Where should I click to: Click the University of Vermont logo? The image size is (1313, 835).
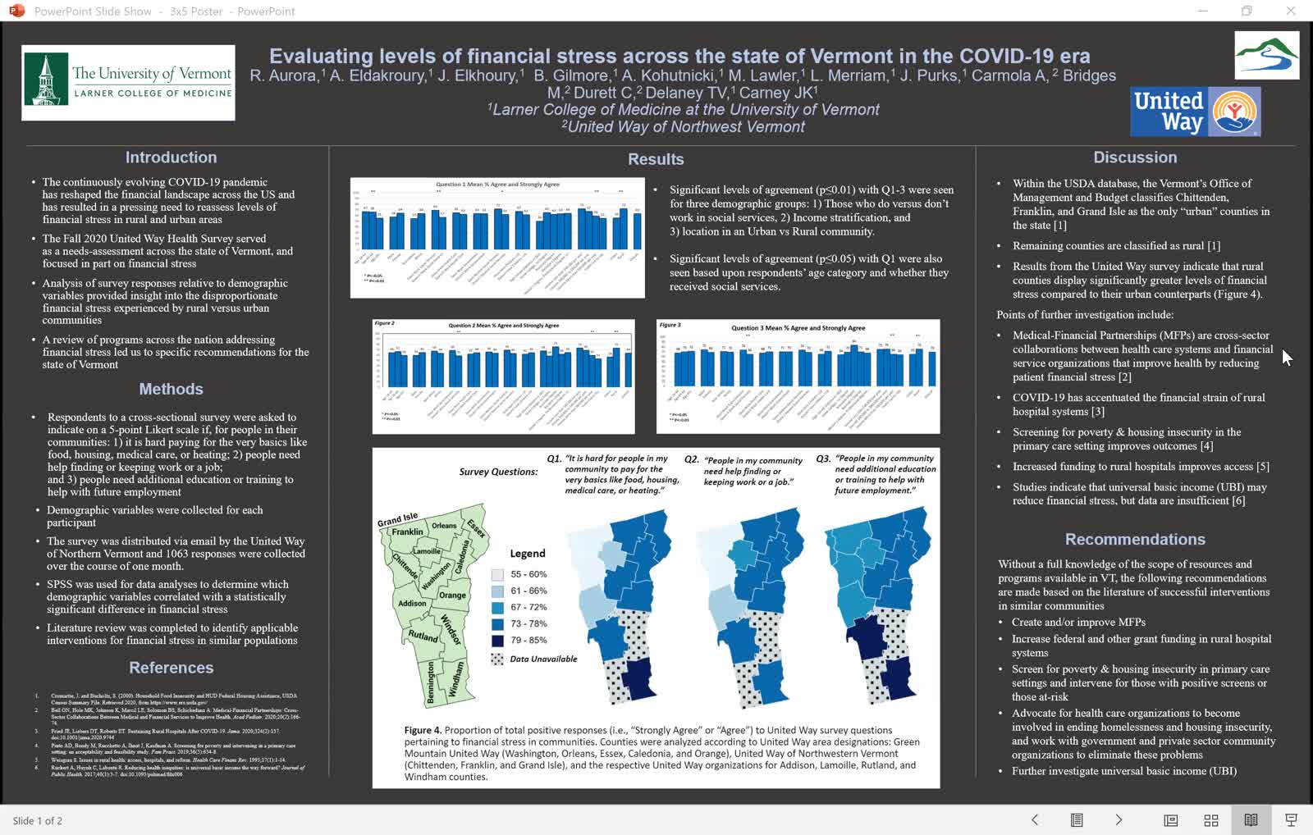128,82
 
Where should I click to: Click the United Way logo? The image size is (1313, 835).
1195,112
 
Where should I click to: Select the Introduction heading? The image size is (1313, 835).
171,157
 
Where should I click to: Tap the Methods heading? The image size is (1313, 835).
171,389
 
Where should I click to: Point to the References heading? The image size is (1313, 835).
171,668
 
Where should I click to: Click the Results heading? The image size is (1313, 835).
655,159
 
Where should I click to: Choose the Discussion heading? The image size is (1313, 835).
1134,157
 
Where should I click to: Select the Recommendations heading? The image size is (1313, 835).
1134,539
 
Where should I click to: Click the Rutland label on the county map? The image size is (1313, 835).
423,636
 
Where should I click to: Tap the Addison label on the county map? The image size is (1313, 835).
412,603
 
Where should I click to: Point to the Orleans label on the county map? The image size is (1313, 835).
444,526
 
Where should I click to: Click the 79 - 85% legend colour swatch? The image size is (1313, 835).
497,641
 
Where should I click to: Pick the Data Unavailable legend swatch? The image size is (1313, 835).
497,659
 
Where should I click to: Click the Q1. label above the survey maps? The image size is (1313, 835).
554,459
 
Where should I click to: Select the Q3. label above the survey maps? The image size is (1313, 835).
823,459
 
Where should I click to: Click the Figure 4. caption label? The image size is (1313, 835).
423,730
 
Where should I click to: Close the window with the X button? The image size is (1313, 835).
1290,11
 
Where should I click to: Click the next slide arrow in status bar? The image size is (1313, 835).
1118,819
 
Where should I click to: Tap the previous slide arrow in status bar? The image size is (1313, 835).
1035,819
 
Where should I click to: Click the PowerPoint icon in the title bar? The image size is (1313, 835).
16,11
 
